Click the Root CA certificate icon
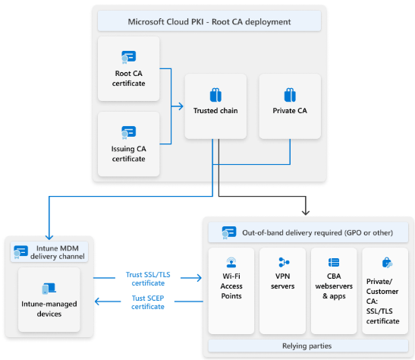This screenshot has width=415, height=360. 129,57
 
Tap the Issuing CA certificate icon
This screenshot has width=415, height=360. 129,132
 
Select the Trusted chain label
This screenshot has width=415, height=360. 215,111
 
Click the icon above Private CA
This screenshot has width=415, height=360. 290,95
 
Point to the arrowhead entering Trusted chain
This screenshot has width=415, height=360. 181,106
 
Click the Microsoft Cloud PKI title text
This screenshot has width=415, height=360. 209,22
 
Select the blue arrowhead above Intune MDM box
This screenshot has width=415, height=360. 49,236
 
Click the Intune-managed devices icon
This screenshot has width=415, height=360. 49,289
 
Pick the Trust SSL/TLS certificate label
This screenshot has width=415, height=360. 148,279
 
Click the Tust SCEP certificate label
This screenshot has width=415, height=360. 148,302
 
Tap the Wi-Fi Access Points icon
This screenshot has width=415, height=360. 231,262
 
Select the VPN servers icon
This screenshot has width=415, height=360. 284,262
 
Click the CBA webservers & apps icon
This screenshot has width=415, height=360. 334,263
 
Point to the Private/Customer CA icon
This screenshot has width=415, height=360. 387,263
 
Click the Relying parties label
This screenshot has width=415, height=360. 307,346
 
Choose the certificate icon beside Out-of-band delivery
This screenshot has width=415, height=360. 229,232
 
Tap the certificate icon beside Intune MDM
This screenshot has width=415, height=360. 20,252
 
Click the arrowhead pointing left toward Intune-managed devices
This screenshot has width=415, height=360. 97,302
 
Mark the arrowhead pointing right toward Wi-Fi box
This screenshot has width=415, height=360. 199,278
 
